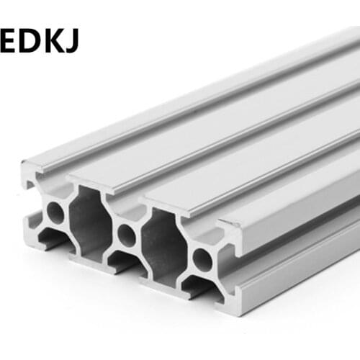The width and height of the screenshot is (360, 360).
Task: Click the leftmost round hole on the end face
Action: pos(55,211)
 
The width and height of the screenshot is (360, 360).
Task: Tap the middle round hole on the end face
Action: pos(127,234)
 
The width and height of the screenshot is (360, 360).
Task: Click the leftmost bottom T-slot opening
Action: pos(53,240)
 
